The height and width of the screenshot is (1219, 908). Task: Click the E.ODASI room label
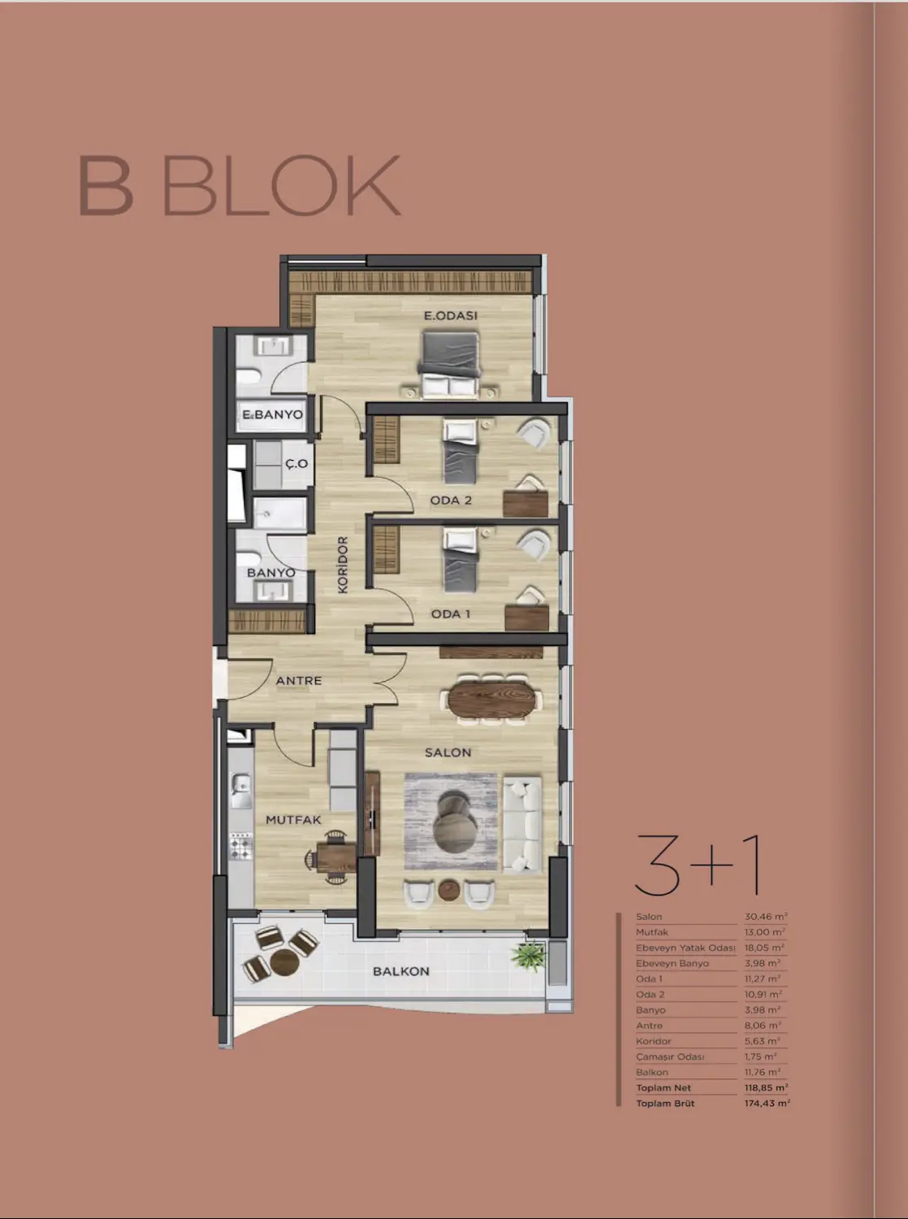tap(450, 315)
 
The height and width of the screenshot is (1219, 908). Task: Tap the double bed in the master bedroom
tap(450, 364)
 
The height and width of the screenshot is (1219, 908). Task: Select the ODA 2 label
tap(451, 500)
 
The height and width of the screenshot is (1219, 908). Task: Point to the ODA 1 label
tap(451, 614)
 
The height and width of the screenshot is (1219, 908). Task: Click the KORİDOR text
tap(343, 565)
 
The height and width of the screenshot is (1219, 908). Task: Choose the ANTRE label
tap(299, 680)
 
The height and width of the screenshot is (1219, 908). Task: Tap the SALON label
tap(448, 753)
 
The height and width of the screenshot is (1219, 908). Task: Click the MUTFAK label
tap(293, 820)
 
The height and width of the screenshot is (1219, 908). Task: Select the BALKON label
tap(400, 971)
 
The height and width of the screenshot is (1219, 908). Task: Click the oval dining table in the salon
tap(493, 699)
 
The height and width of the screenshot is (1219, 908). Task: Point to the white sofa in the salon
tap(521, 825)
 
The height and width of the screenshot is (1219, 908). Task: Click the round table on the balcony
tap(285, 962)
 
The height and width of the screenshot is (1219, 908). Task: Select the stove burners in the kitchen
tap(241, 846)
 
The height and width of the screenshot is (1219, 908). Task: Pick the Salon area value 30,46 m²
tap(765, 917)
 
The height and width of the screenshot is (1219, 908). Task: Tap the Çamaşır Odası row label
tap(670, 1056)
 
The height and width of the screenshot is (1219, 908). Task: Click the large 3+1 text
tap(698, 865)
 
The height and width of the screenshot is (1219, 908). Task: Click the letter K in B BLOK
tap(374, 185)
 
